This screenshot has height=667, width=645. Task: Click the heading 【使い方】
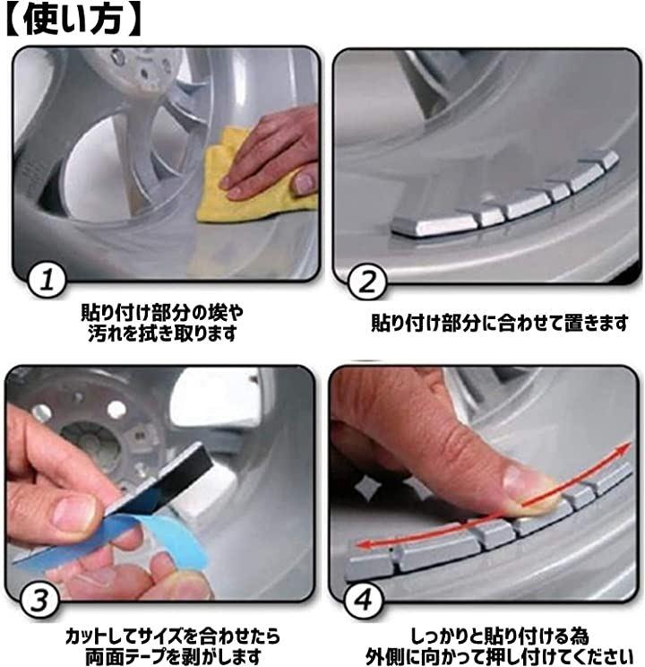73,20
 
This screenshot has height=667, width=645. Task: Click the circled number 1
47,281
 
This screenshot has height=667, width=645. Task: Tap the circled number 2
366,282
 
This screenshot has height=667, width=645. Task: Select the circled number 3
40,601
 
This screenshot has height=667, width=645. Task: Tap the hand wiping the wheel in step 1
272,155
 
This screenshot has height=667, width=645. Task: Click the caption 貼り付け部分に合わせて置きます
499,323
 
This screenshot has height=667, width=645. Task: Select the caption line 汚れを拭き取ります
162,333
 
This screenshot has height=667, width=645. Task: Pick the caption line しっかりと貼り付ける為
499,637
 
